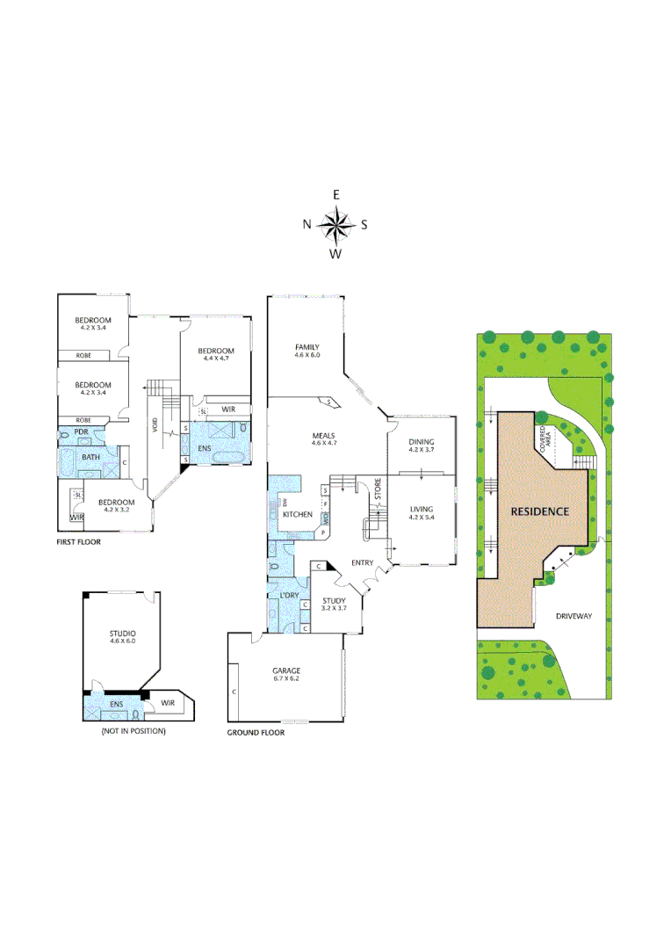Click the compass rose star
pyautogui.click(x=335, y=224)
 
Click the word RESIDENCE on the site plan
pyautogui.click(x=540, y=511)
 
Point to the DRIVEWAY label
pyautogui.click(x=574, y=616)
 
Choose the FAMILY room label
pyautogui.click(x=307, y=347)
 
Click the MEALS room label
pyautogui.click(x=324, y=435)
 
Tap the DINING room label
pyautogui.click(x=422, y=441)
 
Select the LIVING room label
pyautogui.click(x=422, y=508)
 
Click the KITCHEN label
pyautogui.click(x=297, y=514)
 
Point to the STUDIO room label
pyautogui.click(x=122, y=633)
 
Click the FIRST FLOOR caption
pyautogui.click(x=78, y=542)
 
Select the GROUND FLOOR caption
pyautogui.click(x=256, y=732)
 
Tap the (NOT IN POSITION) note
pyautogui.click(x=133, y=731)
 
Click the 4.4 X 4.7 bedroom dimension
pyautogui.click(x=215, y=359)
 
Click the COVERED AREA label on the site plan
pyautogui.click(x=545, y=438)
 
